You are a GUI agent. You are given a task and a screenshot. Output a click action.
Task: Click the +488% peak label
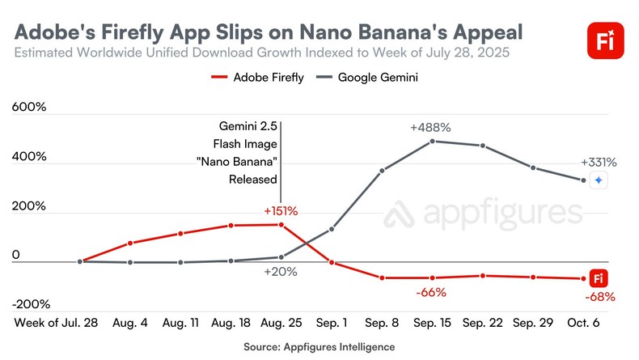point(430,127)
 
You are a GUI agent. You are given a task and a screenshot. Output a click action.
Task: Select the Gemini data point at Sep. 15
point(433,141)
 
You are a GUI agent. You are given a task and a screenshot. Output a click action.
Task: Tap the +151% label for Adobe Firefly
point(281,210)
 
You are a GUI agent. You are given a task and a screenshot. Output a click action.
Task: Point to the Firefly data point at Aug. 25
point(281,224)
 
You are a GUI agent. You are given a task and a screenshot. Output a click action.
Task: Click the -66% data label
point(430,292)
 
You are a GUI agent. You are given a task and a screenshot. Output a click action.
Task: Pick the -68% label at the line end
point(599,297)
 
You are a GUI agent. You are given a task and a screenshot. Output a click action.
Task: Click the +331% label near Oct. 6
point(599,161)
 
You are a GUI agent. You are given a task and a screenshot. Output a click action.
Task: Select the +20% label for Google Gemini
point(281,272)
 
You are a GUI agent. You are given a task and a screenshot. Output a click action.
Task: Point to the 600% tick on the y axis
point(29,107)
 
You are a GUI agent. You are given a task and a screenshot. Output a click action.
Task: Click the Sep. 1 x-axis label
point(332,323)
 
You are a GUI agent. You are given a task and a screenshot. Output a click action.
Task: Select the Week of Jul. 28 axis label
point(56,323)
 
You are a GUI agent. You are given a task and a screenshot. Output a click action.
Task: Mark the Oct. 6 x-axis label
point(583,323)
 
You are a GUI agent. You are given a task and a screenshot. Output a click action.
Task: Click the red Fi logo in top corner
point(603,40)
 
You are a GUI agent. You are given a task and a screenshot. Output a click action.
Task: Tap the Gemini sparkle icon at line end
point(598,181)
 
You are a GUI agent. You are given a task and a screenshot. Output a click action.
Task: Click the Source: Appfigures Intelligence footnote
point(319,346)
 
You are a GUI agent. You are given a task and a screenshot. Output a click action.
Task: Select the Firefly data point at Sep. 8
point(383,277)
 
